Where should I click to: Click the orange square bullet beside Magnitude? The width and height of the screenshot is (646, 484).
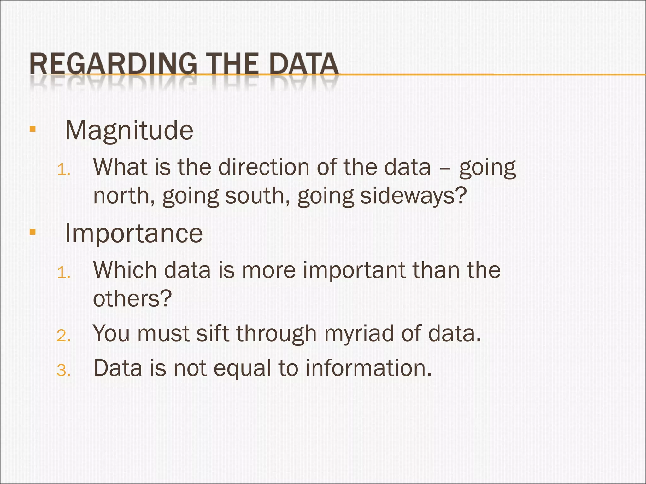32,129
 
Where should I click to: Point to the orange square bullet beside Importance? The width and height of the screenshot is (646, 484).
32,233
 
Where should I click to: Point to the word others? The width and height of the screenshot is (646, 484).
132,298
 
